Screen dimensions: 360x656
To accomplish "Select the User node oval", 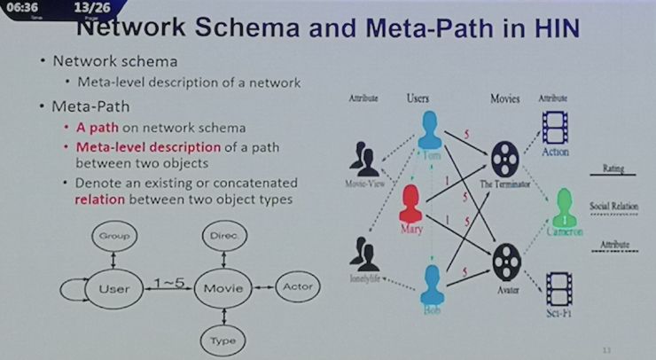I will [114, 288].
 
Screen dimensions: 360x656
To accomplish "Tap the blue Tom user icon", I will [431, 130].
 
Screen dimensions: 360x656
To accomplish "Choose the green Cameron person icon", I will [564, 208].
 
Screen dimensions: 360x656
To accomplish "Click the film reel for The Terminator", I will [504, 159].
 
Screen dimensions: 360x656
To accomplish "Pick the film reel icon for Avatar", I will [504, 260].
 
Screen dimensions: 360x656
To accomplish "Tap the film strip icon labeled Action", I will [555, 127].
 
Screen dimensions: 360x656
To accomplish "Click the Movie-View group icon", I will [365, 160].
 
